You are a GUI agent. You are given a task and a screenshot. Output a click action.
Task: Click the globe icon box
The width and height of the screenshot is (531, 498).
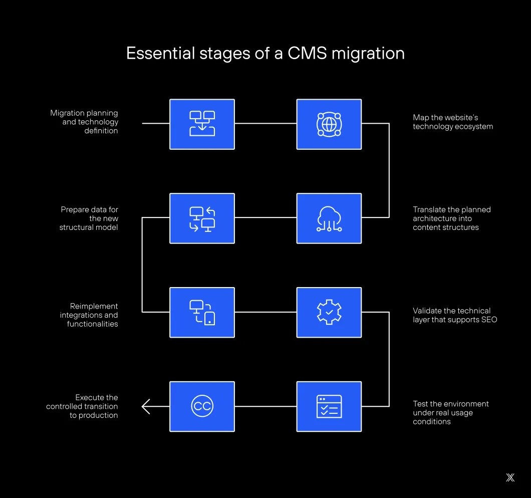click(x=329, y=124)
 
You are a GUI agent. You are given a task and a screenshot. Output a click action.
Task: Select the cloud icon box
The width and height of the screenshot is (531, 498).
click(x=329, y=218)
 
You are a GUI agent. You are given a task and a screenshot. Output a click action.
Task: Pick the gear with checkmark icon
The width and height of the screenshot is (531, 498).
click(x=329, y=312)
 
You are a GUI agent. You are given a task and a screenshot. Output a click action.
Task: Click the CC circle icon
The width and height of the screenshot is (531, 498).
click(x=202, y=406)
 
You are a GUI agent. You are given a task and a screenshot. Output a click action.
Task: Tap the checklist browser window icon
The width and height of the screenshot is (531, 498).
click(x=329, y=406)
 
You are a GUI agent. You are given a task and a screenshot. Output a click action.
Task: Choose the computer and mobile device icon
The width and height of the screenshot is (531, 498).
click(x=202, y=312)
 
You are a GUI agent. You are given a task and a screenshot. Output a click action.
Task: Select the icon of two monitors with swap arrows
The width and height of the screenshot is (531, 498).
click(x=202, y=218)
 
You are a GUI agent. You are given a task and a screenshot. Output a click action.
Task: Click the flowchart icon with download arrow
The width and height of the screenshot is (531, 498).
click(x=202, y=124)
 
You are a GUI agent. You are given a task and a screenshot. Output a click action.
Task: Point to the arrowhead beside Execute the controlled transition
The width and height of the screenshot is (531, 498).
click(x=146, y=406)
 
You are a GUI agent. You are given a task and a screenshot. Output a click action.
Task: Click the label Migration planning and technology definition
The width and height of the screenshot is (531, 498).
click(x=84, y=122)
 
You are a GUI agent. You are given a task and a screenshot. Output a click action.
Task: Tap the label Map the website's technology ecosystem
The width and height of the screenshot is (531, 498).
click(x=453, y=122)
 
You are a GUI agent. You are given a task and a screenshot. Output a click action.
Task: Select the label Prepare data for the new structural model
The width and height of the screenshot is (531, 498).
click(x=89, y=218)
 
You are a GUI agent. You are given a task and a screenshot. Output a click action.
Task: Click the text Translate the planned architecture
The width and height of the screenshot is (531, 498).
click(x=451, y=214)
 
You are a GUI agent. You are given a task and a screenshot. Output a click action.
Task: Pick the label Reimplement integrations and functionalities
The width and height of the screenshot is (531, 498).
click(x=89, y=315)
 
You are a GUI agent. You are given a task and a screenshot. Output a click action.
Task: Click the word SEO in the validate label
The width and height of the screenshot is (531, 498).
click(x=488, y=320)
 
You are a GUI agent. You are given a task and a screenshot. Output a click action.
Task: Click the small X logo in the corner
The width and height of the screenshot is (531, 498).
click(x=510, y=477)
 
